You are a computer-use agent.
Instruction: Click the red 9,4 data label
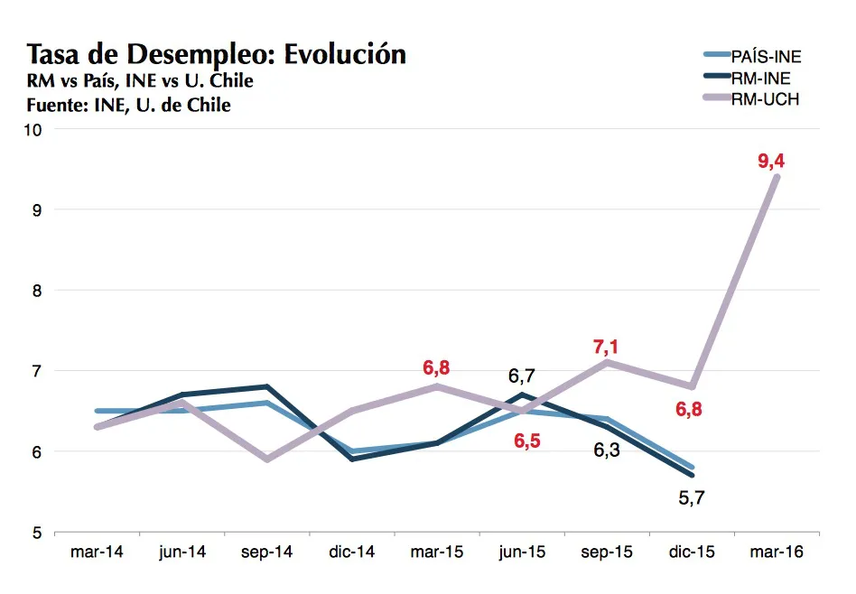pos(771,161)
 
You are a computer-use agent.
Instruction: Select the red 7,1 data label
pos(605,347)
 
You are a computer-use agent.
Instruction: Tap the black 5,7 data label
pos(692,498)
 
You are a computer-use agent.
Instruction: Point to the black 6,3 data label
pos(607,450)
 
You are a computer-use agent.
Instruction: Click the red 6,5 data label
pos(527,441)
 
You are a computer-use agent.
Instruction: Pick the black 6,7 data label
pos(522,376)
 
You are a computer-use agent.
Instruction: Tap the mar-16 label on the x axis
pos(777,552)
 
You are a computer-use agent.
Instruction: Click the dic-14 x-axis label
pos(351,552)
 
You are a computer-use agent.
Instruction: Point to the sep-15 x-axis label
pos(607,552)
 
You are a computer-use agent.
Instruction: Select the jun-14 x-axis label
pos(182,552)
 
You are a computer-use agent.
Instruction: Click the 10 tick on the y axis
pos(33,130)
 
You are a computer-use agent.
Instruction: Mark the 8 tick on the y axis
pos(37,291)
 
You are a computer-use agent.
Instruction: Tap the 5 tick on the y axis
pos(37,533)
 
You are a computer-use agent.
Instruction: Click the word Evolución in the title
pos(345,53)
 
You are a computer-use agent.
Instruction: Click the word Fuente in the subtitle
pos(57,105)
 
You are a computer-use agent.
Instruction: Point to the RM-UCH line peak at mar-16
pos(777,177)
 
